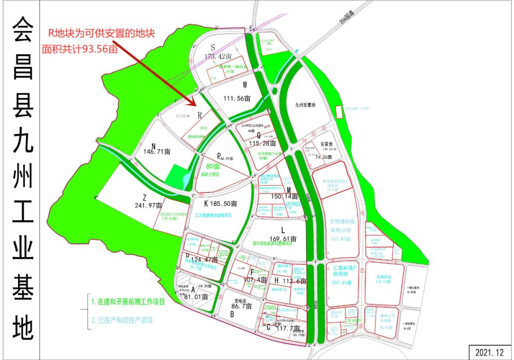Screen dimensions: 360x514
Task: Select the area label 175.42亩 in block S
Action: [217, 56]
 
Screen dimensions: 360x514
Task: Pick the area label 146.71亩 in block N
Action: [157, 151]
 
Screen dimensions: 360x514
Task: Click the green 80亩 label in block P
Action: [209, 167]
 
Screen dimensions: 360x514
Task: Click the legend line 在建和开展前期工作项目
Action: [128, 302]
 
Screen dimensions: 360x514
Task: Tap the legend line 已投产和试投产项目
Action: [122, 320]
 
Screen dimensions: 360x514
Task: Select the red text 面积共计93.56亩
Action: [79, 49]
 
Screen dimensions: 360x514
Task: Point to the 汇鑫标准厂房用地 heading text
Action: [343, 270]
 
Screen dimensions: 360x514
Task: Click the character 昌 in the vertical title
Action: [22, 68]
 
